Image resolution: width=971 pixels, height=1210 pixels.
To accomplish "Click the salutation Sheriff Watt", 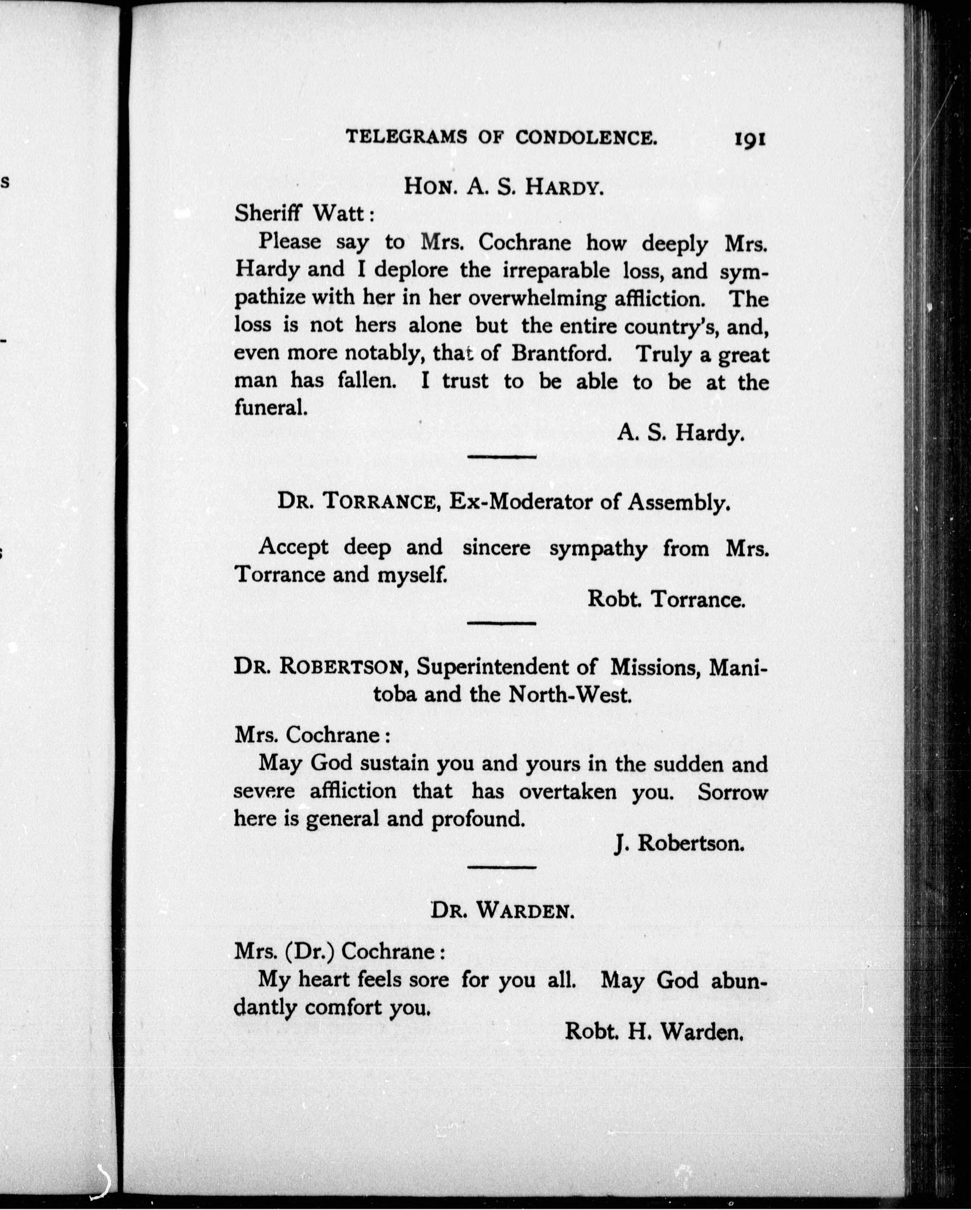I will point(304,213).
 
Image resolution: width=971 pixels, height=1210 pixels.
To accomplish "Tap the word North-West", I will point(570,695).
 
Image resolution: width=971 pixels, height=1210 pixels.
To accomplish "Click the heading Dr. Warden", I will point(502,910).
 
